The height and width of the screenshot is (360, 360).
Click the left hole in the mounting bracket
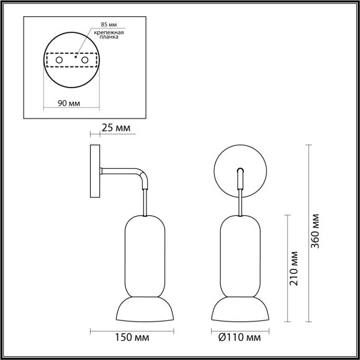coord(60,60)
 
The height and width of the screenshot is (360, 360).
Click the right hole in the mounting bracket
coord(84,60)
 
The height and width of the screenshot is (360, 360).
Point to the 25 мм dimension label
coord(116,128)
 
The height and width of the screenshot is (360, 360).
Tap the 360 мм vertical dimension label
coord(316,232)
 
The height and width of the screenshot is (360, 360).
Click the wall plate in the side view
coord(94,172)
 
